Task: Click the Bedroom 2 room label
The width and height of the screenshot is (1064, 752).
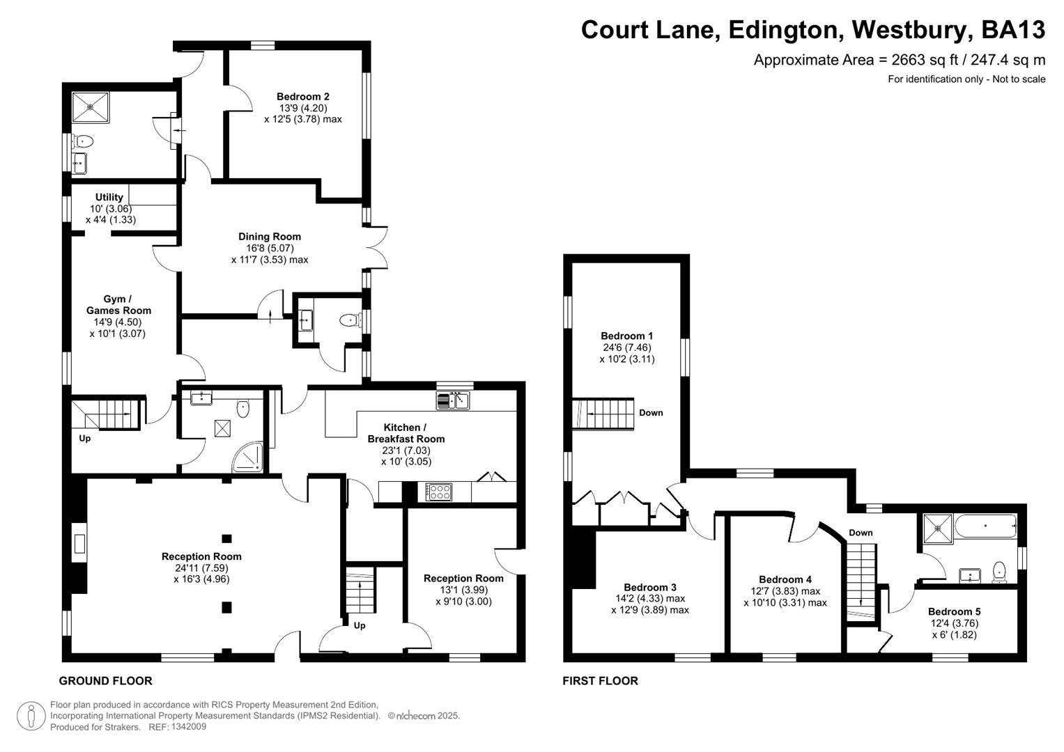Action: [x=302, y=97]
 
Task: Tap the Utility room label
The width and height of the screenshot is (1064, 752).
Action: [x=109, y=197]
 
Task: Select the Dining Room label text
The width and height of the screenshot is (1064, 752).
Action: [x=270, y=237]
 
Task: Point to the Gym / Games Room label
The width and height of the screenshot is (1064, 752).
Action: [x=118, y=305]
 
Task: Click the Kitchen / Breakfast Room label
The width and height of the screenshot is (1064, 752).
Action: [x=406, y=433]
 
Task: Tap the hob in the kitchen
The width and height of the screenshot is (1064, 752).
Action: [x=439, y=492]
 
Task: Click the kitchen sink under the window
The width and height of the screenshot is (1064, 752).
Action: [x=453, y=400]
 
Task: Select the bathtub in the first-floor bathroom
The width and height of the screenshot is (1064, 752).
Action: [x=985, y=526]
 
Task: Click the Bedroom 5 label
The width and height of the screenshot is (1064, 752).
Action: [x=954, y=612]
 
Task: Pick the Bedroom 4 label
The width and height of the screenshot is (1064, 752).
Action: [x=785, y=579]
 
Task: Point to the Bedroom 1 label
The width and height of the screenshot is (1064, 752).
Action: [x=627, y=336]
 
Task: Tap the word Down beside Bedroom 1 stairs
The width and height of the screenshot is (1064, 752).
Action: [x=651, y=413]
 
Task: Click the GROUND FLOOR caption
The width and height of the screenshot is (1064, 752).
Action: [x=105, y=681]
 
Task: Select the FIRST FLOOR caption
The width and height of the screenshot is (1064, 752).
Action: [x=600, y=681]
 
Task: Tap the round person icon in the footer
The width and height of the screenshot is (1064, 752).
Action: [x=31, y=716]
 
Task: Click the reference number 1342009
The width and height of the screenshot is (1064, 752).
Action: [x=186, y=727]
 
